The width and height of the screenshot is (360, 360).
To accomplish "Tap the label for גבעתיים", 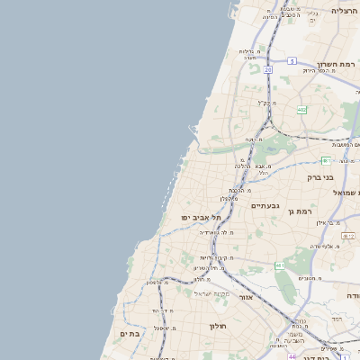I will coord(265,206).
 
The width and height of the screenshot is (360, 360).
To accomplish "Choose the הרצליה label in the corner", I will coord(344,10).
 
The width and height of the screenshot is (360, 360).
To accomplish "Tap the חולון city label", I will coord(218,325).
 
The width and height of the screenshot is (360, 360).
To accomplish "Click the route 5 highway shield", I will coord(292,60).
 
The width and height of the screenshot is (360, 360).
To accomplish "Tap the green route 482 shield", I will coord(301,110).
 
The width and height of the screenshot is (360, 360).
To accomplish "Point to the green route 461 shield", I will coord(281,265).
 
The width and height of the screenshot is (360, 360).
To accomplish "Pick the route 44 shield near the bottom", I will coord(292,355).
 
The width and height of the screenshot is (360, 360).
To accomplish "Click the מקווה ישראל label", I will coord(213,293).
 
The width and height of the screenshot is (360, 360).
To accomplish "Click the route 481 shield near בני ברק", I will coord(326,159).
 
